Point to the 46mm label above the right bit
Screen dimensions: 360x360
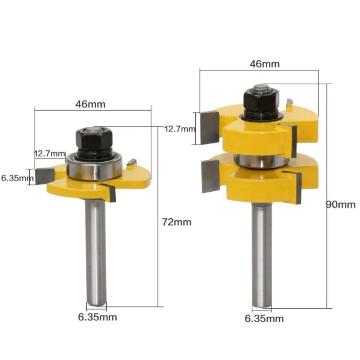[264, 63]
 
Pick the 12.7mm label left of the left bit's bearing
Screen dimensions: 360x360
[49, 153]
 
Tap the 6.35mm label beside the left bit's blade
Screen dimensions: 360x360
[17, 178]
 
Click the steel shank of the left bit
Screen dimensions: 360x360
[96, 252]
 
